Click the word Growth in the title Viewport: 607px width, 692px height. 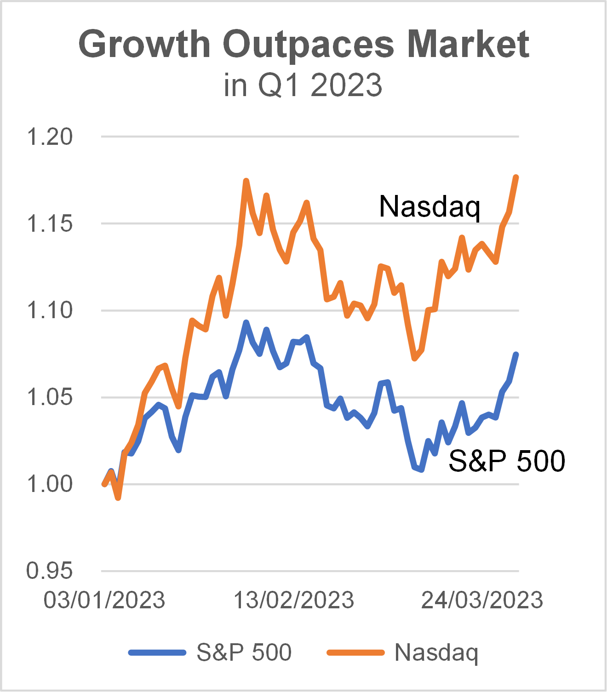144,44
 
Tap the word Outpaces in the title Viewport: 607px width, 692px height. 309,44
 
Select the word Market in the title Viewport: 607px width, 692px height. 468,44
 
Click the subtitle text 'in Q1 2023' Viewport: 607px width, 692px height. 303,85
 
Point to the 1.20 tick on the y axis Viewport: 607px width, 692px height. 50,137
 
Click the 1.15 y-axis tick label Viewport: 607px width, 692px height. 50,224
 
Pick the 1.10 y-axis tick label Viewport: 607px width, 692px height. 50,310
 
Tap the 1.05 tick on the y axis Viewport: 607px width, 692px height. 50,397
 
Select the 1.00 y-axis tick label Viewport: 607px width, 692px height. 50,484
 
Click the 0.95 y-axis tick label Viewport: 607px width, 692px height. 50,571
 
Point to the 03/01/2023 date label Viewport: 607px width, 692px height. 104,600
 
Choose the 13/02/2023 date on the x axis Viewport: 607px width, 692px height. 294,600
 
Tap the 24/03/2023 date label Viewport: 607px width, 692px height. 482,600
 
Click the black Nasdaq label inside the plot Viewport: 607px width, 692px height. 429,206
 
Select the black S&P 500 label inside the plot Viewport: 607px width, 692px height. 507,461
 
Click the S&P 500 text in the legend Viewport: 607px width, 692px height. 244,652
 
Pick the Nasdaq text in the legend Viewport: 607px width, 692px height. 436,652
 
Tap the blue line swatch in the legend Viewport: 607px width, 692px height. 157,652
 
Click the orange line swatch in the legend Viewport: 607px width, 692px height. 355,652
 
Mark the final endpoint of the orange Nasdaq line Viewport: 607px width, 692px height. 516,177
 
